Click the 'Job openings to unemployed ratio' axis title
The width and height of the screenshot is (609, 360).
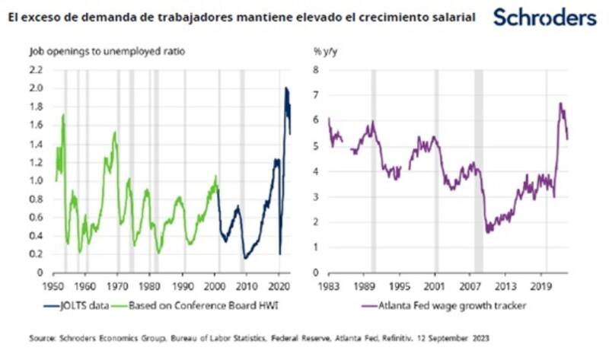point(106,52)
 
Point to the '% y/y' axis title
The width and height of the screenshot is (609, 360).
point(325,52)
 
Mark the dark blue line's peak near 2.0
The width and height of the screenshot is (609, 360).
point(286,88)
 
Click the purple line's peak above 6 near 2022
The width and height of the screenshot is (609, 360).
point(560,104)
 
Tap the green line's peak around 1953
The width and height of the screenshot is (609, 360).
point(63,115)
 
